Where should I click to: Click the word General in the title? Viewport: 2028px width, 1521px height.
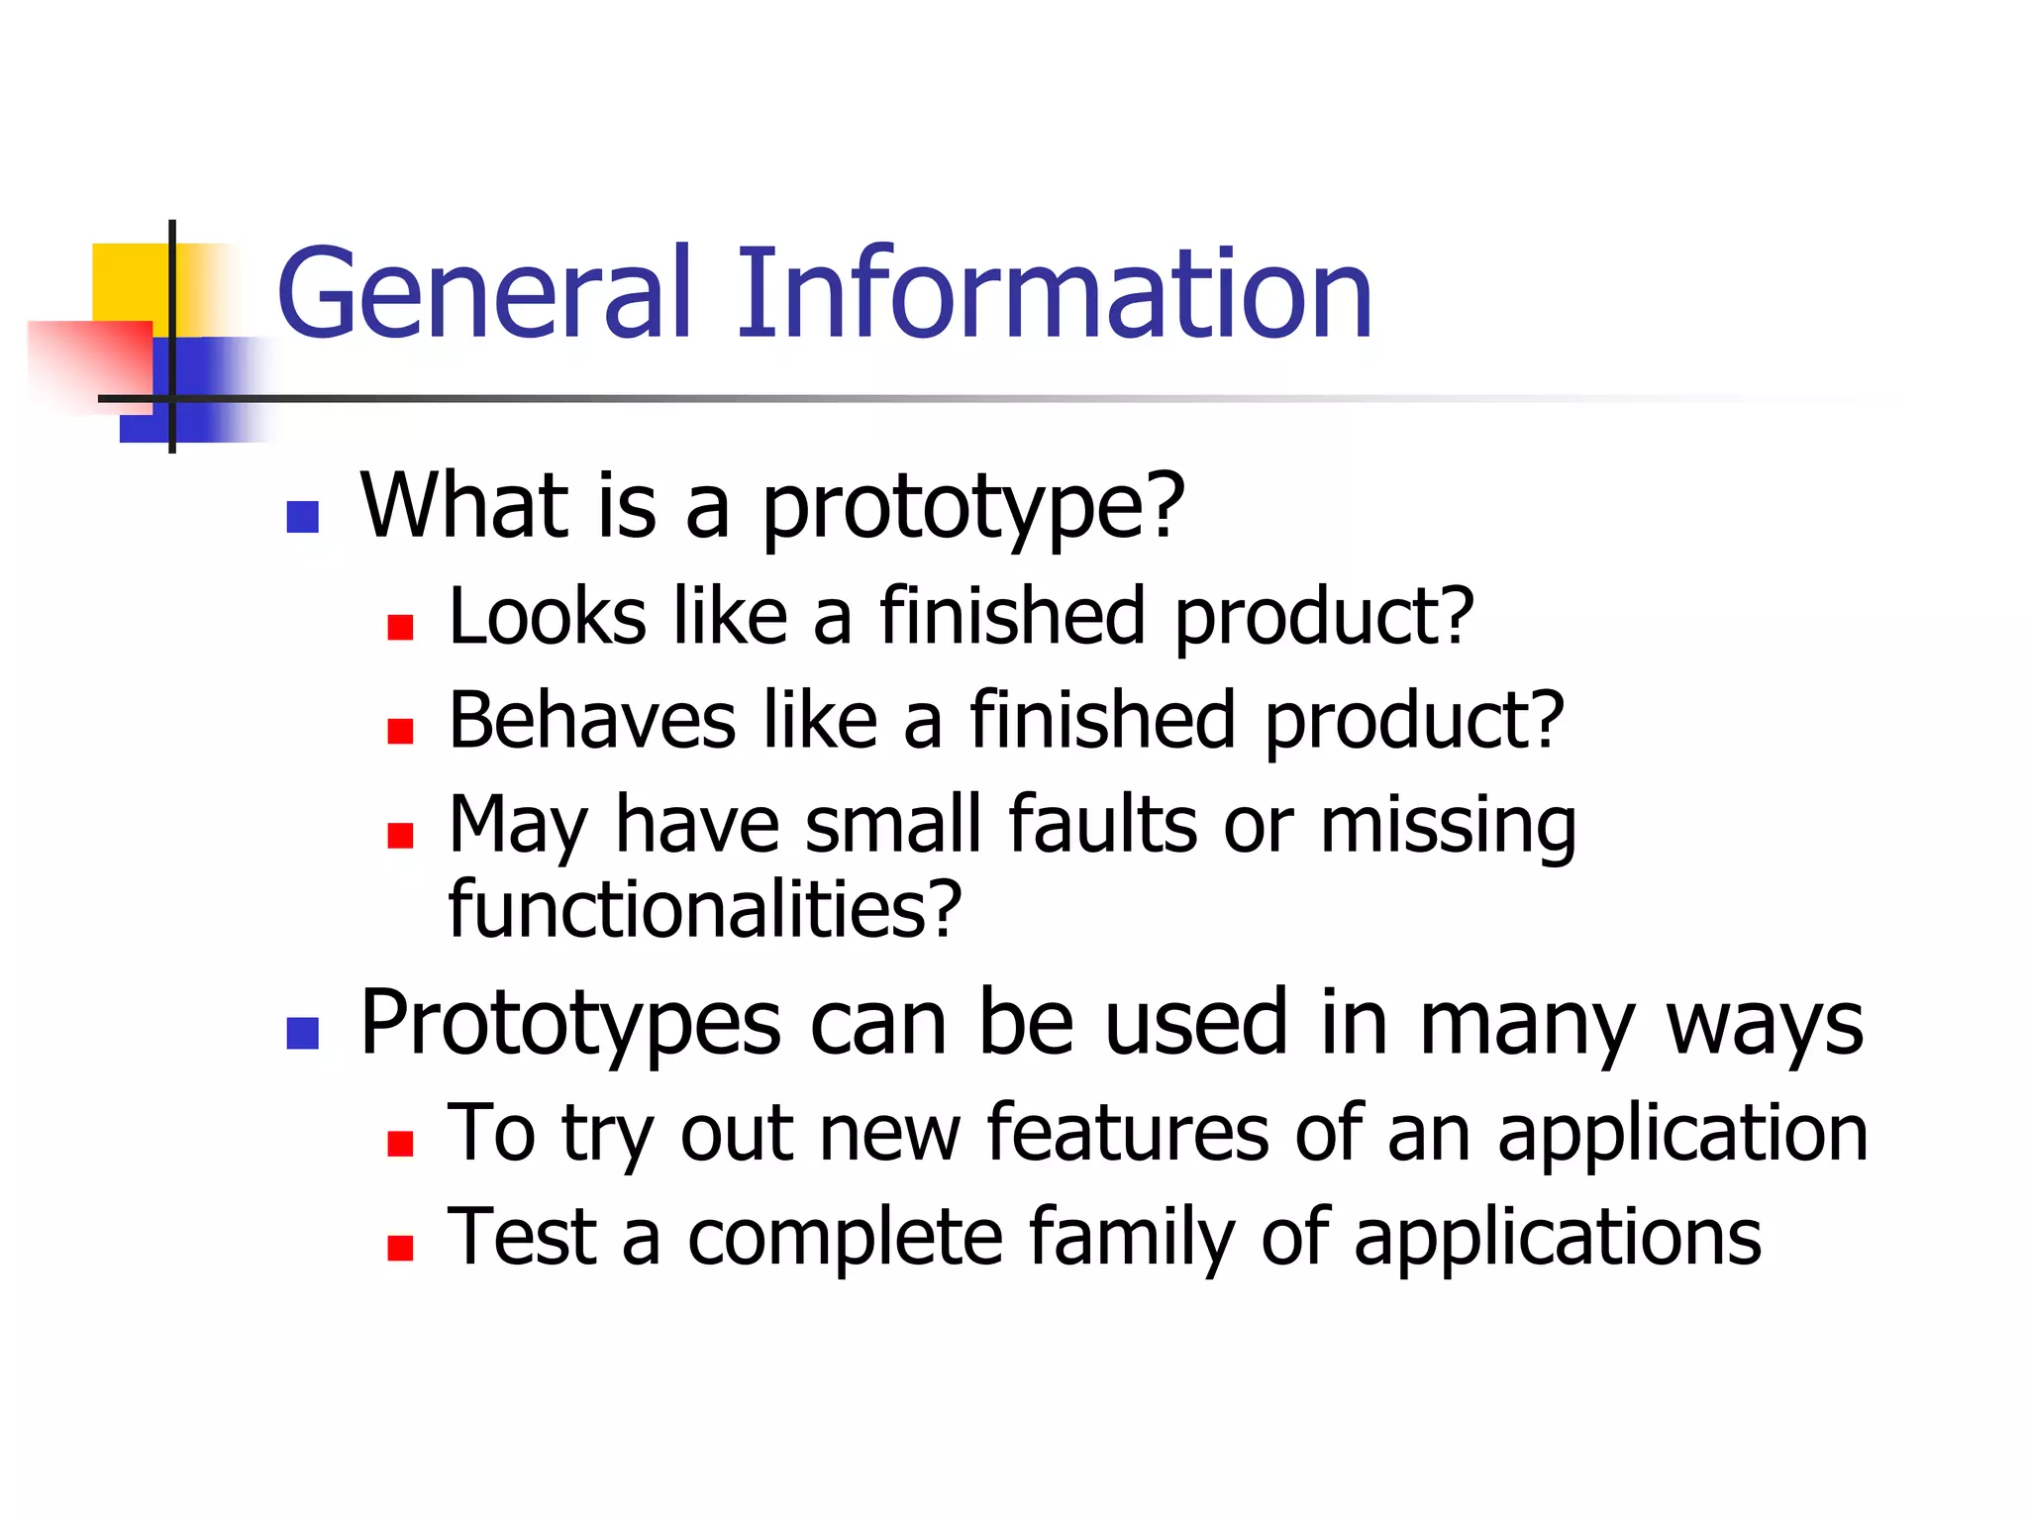tap(483, 295)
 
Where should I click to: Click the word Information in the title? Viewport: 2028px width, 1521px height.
tap(1053, 295)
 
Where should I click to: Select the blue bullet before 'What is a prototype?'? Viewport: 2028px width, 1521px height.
tap(302, 517)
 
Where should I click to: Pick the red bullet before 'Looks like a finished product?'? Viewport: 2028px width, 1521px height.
tap(400, 627)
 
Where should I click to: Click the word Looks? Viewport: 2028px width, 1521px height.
tap(548, 617)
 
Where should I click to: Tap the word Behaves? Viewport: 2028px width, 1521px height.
tap(592, 721)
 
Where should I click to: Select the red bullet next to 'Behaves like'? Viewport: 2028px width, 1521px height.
tap(400, 731)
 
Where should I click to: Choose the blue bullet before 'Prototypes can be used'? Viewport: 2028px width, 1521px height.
tap(302, 1033)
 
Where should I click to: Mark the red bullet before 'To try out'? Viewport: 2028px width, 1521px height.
tap(400, 1144)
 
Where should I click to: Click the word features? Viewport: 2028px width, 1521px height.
tap(1127, 1133)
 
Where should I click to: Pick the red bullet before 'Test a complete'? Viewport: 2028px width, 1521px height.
tap(400, 1247)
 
